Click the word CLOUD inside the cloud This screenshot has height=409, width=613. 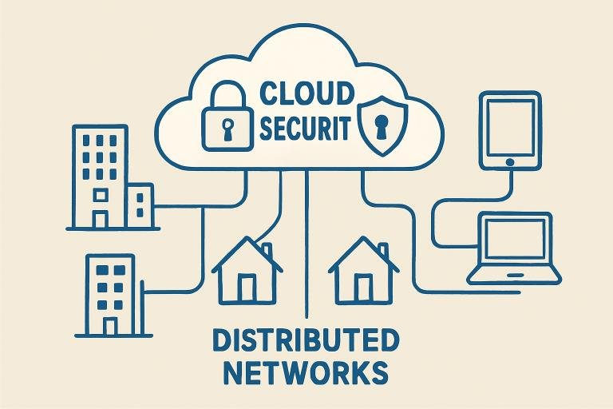pyautogui.click(x=306, y=93)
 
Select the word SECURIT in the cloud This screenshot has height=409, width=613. pyautogui.click(x=306, y=128)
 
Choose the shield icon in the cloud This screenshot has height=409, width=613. pyautogui.click(x=383, y=124)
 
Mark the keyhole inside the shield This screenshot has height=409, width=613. pyautogui.click(x=383, y=124)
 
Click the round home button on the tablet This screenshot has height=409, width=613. pyautogui.click(x=508, y=162)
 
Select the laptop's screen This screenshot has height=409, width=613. pyautogui.click(x=514, y=240)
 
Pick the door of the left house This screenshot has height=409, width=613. pyautogui.click(x=247, y=288)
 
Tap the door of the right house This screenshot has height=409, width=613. pyautogui.click(x=364, y=288)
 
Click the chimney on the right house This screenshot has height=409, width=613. pyautogui.click(x=382, y=251)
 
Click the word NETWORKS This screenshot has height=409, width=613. pyautogui.click(x=306, y=373)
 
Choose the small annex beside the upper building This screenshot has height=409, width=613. pyautogui.click(x=140, y=206)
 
